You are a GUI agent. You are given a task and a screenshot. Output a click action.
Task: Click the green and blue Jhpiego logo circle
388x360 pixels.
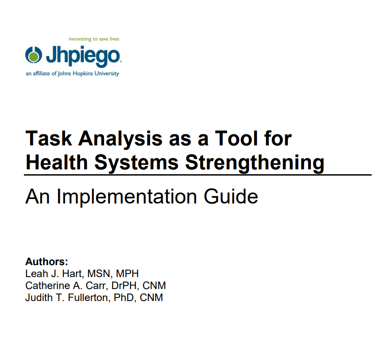click(33, 55)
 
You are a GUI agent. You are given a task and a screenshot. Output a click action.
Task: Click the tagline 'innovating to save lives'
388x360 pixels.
click(94, 39)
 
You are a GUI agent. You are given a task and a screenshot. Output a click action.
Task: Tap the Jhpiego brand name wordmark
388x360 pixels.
click(83, 56)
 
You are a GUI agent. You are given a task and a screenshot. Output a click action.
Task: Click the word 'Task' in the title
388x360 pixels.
click(49, 138)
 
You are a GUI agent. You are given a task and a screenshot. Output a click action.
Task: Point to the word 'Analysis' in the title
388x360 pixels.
click(120, 139)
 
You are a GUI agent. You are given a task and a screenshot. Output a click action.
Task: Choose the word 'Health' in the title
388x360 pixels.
click(57, 162)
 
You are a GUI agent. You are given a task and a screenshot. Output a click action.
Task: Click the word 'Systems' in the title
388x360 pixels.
click(136, 163)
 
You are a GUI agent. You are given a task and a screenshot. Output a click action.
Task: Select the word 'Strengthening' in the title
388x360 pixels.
click(255, 163)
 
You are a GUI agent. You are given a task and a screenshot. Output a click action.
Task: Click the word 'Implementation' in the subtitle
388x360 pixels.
click(127, 197)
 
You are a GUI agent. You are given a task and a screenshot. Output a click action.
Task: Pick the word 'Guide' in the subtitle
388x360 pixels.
click(231, 196)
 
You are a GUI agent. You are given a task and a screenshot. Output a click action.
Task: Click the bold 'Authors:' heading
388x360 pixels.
click(47, 262)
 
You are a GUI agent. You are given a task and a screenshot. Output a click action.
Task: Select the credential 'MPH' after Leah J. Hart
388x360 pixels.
click(127, 274)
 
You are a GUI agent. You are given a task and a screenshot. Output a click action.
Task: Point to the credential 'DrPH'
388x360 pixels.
click(124, 286)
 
